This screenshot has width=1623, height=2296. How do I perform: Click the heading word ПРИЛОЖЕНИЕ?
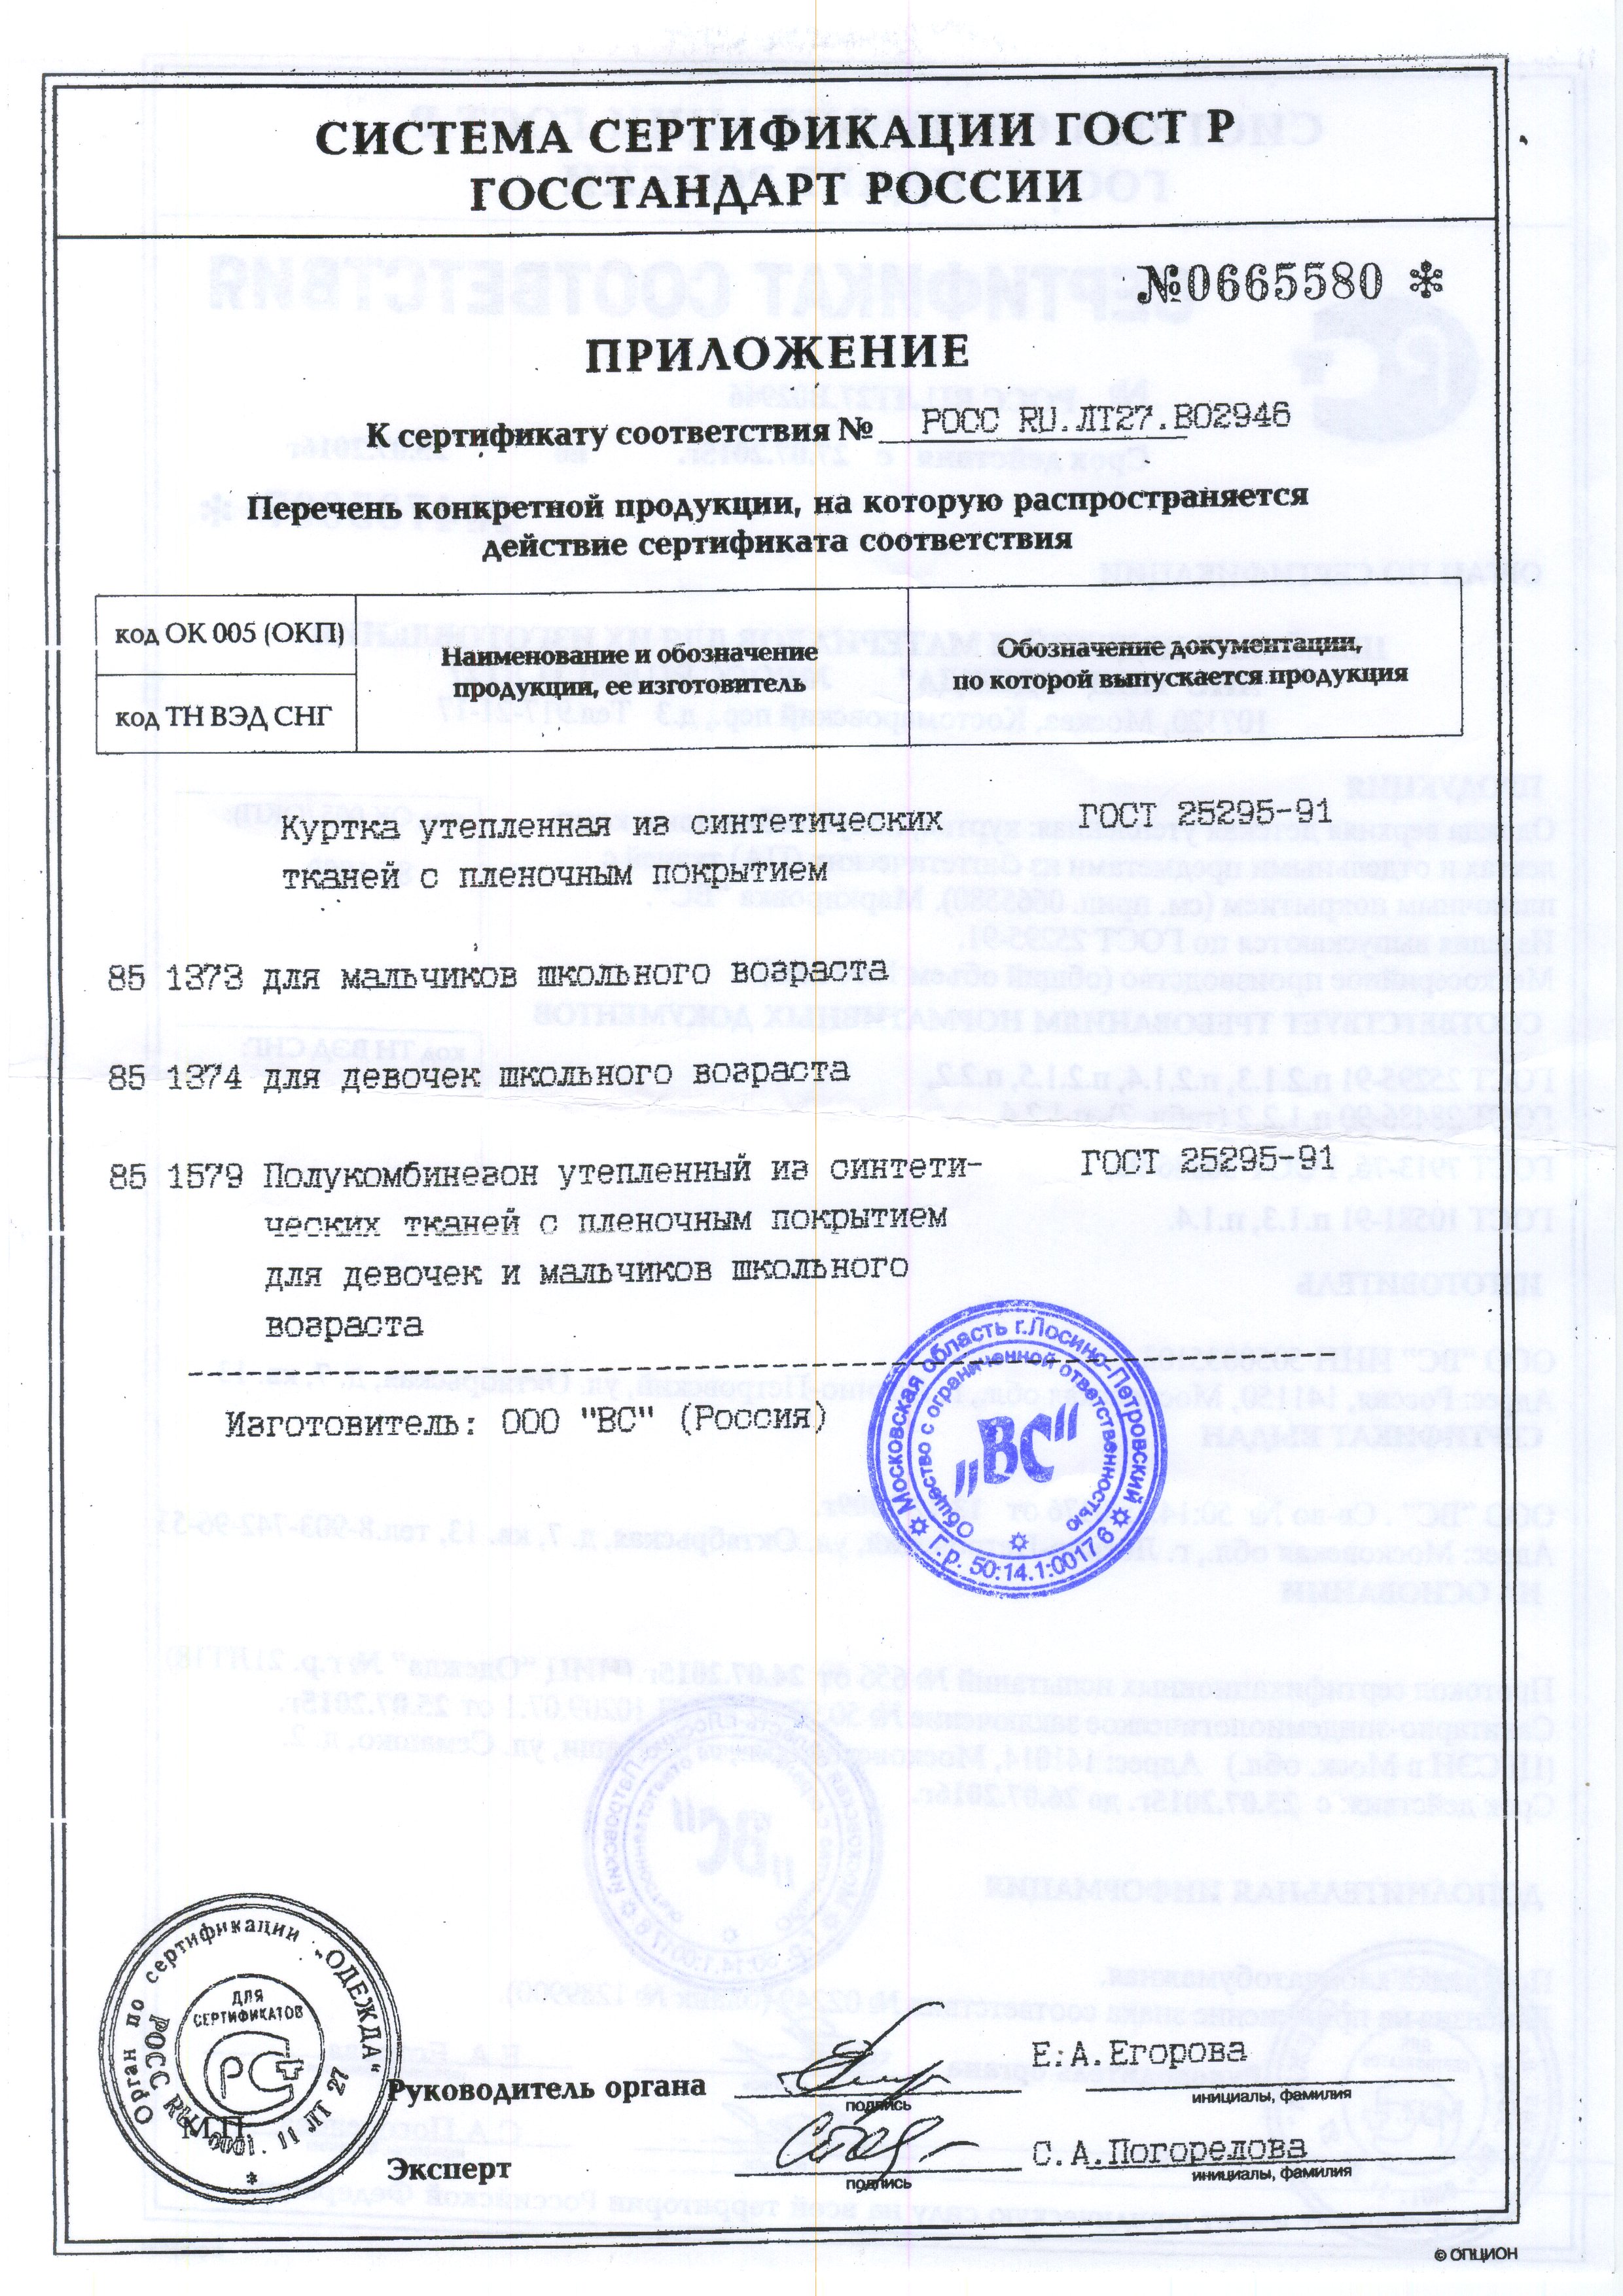pos(776,352)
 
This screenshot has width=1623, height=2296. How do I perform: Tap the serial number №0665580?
pos(1271,283)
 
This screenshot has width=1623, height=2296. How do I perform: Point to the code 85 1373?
pos(174,979)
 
